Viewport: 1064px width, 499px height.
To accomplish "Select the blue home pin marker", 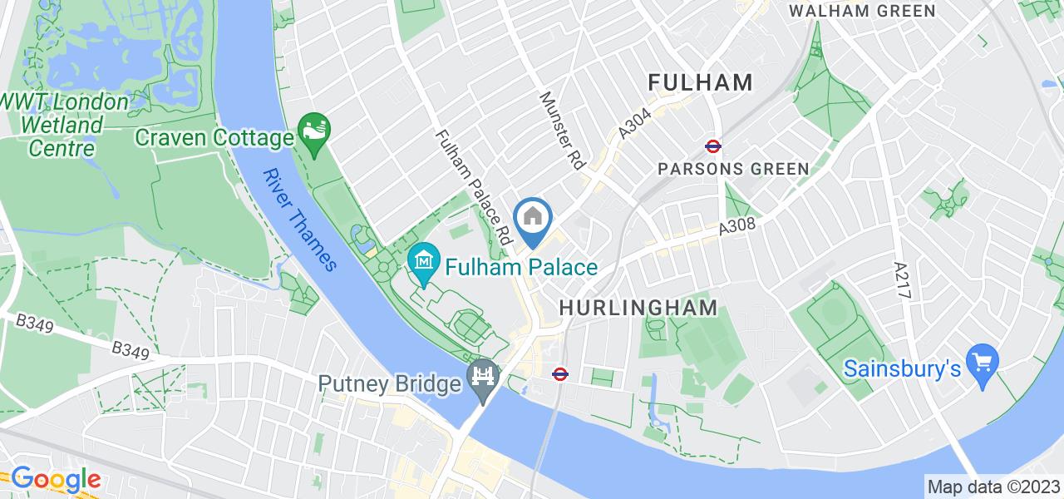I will (532, 220).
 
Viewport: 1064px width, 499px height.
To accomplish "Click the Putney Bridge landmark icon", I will (482, 374).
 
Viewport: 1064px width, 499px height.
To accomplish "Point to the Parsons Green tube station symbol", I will (713, 146).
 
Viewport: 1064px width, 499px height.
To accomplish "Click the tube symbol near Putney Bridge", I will (560, 373).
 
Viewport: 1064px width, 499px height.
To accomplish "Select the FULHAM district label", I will (700, 82).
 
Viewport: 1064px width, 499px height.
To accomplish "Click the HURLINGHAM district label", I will (638, 307).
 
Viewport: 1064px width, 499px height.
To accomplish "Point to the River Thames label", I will (300, 220).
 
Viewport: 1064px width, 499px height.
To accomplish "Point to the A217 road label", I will (903, 284).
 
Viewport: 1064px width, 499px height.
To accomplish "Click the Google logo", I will (55, 479).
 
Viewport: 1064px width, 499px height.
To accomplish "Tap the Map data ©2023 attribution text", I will (994, 487).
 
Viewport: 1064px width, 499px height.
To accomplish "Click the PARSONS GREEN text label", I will (733, 169).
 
